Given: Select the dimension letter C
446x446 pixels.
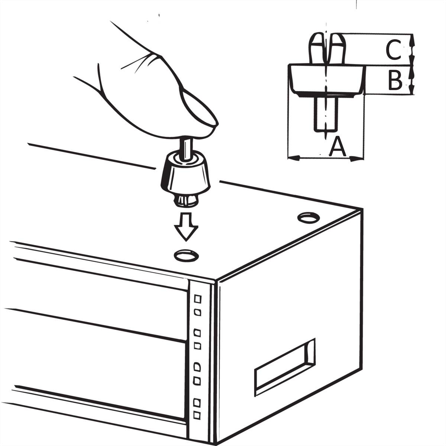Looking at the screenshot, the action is click(393, 50).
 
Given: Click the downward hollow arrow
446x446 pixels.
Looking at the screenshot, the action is click(186, 227).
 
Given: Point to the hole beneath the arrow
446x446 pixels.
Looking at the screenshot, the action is click(186, 255).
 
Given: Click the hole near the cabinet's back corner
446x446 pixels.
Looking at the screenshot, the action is click(308, 217).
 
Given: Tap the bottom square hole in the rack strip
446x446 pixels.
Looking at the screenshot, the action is click(197, 415).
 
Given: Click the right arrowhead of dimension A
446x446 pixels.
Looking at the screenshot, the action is click(357, 158).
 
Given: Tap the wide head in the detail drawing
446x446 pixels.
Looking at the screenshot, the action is click(326, 80).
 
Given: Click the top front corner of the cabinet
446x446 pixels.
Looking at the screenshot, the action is click(215, 281).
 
